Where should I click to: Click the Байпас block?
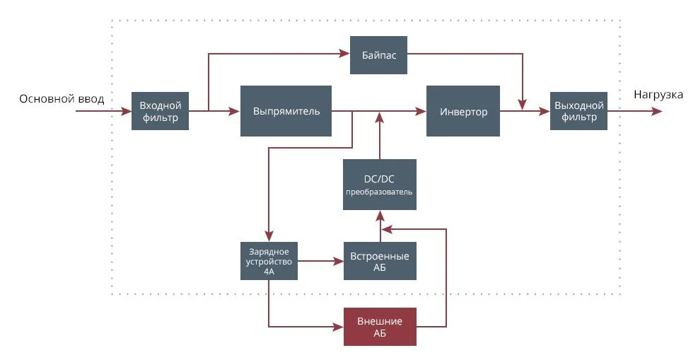pyautogui.click(x=378, y=55)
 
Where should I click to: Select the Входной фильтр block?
pyautogui.click(x=160, y=111)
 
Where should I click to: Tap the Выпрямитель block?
pyautogui.click(x=286, y=111)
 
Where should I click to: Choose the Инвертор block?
pyautogui.click(x=463, y=111)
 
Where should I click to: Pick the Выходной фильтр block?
pyautogui.click(x=578, y=111)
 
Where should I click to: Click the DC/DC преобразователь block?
pyautogui.click(x=379, y=184)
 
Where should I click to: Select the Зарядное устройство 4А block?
pyautogui.click(x=269, y=261)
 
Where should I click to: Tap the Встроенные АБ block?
pyautogui.click(x=379, y=261)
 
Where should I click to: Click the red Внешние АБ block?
pyautogui.click(x=379, y=327)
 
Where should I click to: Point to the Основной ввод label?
pyautogui.click(x=62, y=99)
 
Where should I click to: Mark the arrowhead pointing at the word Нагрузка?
pyautogui.click(x=658, y=111)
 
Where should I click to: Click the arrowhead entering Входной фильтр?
pyautogui.click(x=127, y=111)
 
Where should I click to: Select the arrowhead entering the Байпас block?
pyautogui.click(x=346, y=55)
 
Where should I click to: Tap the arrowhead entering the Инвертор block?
pyautogui.click(x=421, y=111)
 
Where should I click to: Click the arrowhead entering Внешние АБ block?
pyautogui.click(x=339, y=327)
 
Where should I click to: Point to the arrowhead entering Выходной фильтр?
pyautogui.click(x=546, y=111)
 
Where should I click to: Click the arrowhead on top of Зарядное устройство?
pyautogui.click(x=269, y=237)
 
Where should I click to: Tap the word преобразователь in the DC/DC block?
pyautogui.click(x=379, y=192)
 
